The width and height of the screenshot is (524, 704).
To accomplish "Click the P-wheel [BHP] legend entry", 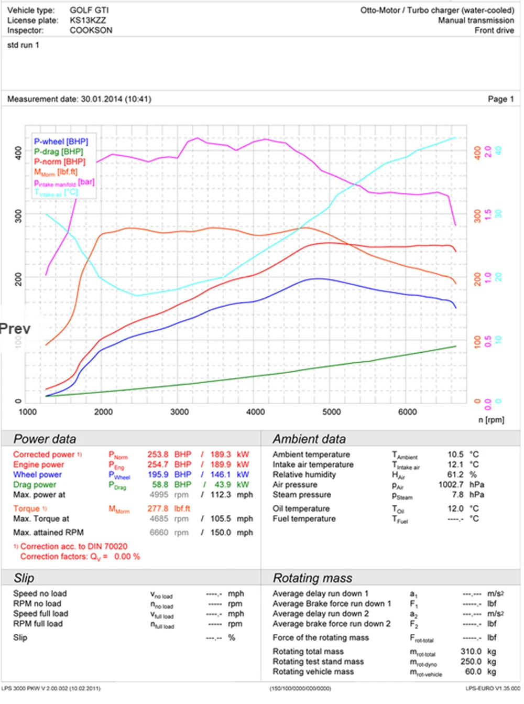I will [61, 142].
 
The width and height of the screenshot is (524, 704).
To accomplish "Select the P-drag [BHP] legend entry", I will [58, 151].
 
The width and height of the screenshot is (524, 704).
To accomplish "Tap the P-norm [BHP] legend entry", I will [59, 161].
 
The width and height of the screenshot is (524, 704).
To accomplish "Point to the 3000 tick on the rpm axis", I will [179, 412].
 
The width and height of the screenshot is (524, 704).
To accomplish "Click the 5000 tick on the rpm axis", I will [331, 412].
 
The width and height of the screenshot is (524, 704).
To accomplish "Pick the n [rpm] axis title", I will [491, 420].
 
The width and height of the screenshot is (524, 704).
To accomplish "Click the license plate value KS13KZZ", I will [88, 20].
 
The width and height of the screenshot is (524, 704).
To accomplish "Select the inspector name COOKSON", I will [91, 30].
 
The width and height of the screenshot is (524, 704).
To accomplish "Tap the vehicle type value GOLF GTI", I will [89, 10].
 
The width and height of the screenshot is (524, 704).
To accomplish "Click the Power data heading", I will [45, 439].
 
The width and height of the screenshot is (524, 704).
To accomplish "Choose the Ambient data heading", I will [309, 439].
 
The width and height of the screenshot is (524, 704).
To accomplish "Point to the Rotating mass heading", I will [312, 578].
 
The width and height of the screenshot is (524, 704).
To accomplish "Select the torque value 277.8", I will [158, 508].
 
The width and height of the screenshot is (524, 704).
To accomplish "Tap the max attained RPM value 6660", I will [159, 533].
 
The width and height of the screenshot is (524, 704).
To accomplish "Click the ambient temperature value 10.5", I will [455, 454].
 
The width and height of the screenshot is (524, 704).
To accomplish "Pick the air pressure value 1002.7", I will [451, 485].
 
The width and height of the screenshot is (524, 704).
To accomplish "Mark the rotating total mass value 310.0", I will [471, 652].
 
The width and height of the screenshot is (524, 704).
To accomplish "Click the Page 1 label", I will [500, 99].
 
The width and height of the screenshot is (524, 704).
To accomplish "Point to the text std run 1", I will [23, 45].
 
